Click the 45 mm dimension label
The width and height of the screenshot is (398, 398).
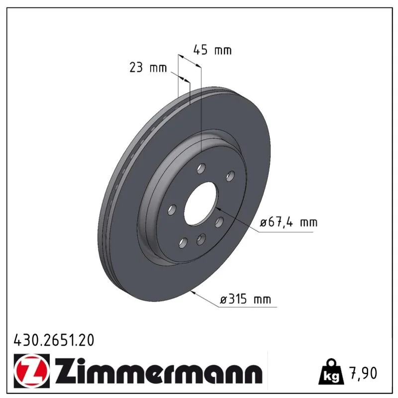pos(212,50)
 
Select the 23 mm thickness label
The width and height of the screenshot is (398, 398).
pos(148,68)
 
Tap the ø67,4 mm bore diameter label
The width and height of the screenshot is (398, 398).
pos(289,222)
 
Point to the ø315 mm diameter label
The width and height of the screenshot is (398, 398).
pos(245,299)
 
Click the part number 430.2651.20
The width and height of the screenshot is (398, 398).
pos(54,340)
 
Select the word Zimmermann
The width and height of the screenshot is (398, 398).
pos(158,370)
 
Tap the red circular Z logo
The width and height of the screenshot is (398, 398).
pos(31,371)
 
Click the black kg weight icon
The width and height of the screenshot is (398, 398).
pos(332,372)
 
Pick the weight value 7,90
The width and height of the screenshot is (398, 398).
pos(364,373)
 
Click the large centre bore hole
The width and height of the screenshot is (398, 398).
pos(201,203)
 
